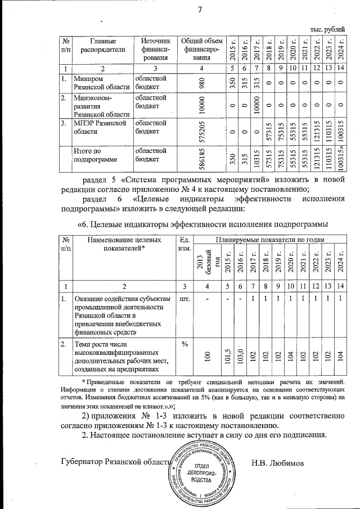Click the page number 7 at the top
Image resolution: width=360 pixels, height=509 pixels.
200,9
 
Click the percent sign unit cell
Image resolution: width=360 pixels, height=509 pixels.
184,343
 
